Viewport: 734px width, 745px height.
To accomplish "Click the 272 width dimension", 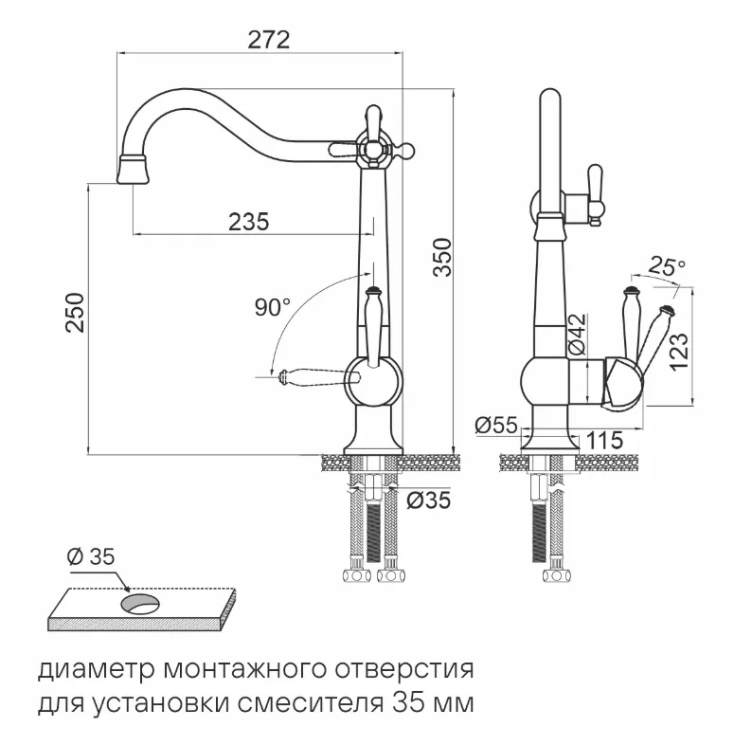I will pos(268,40).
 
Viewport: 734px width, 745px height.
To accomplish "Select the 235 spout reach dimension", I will pos(249,221).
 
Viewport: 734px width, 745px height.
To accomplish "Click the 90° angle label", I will pos(273,307).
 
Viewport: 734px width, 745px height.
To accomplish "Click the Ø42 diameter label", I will pos(579,334).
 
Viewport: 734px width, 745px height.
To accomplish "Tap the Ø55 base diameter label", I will pos(495,426).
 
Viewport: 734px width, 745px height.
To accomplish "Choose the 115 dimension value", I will pos(604,440).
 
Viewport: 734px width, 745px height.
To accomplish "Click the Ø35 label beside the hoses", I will pos(428,500).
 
